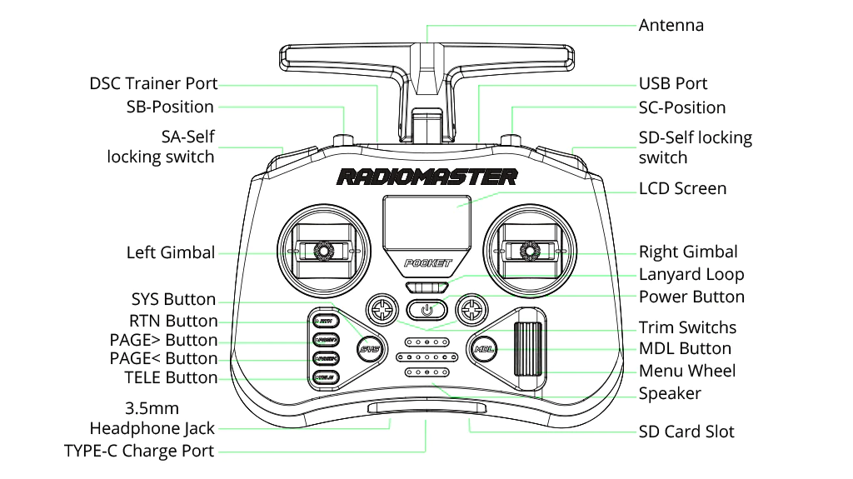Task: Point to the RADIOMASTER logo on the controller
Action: [426, 177]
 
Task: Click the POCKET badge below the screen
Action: [427, 263]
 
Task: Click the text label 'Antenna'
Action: [671, 25]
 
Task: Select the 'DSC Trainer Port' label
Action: [153, 83]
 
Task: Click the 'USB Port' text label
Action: [672, 83]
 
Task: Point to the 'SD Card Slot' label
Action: [686, 432]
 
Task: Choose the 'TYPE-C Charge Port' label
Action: [139, 451]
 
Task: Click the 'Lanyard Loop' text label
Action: [691, 274]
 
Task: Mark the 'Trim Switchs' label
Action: [687, 327]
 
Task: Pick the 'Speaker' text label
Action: [670, 393]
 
